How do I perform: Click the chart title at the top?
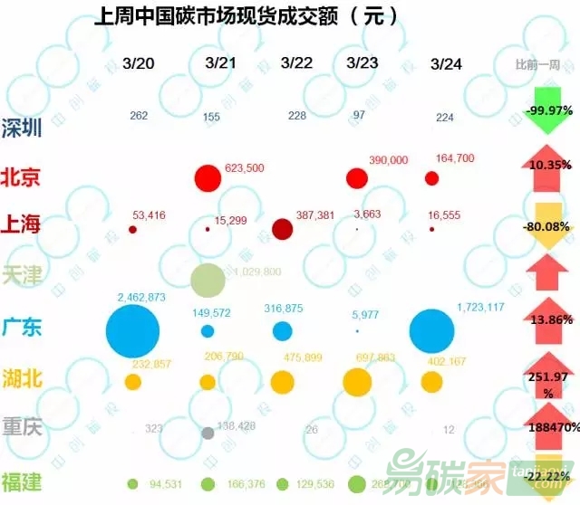point(246,17)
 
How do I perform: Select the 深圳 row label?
point(22,128)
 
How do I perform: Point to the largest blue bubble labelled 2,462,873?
point(132,331)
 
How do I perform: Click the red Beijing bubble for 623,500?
point(208,178)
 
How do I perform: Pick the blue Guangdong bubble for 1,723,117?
point(431,330)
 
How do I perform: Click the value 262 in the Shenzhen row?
point(139,116)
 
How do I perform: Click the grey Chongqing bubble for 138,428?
point(208,433)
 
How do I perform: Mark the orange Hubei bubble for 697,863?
point(357,382)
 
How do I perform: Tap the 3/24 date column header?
point(447,63)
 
